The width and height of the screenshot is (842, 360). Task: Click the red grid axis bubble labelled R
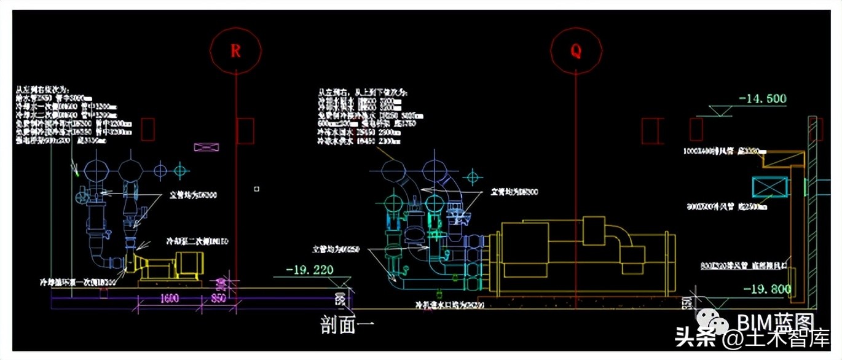pos(236,50)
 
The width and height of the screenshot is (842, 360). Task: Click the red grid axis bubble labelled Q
pos(576,50)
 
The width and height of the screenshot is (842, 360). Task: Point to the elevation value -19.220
pos(309,269)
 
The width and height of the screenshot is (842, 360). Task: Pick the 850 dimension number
pos(218,299)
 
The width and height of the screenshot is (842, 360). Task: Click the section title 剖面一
pos(347,324)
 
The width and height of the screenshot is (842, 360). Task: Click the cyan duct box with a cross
pos(770,187)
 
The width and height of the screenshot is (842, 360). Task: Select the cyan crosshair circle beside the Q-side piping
pos(471,178)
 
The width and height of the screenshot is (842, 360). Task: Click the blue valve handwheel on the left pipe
pos(81,198)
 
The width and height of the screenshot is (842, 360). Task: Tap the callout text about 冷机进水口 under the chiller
pos(450,304)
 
